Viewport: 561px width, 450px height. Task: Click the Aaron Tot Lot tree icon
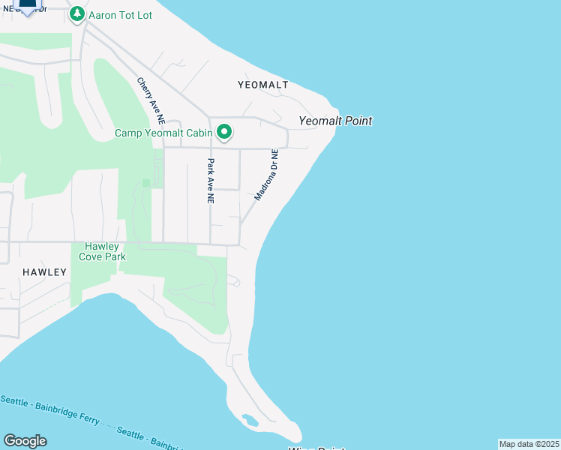click(76, 14)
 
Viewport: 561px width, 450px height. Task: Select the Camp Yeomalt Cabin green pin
click(223, 133)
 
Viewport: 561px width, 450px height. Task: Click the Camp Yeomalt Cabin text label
click(163, 133)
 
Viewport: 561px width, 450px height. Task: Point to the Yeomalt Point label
click(335, 121)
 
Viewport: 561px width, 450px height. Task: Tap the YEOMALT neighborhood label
click(262, 85)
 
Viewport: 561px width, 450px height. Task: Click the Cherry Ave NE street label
click(150, 100)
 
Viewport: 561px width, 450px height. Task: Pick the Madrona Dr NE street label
click(267, 175)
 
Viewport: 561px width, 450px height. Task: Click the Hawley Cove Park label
click(103, 250)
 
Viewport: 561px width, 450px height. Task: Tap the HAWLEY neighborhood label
click(44, 272)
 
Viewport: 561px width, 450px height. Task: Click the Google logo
click(25, 440)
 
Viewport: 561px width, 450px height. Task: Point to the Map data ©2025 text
click(529, 444)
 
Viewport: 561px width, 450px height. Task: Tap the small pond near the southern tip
click(250, 421)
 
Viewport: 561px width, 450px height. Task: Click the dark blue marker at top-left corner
click(27, 6)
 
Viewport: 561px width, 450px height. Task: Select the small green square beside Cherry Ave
click(145, 183)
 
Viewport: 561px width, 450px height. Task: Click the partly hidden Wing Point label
click(316, 448)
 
